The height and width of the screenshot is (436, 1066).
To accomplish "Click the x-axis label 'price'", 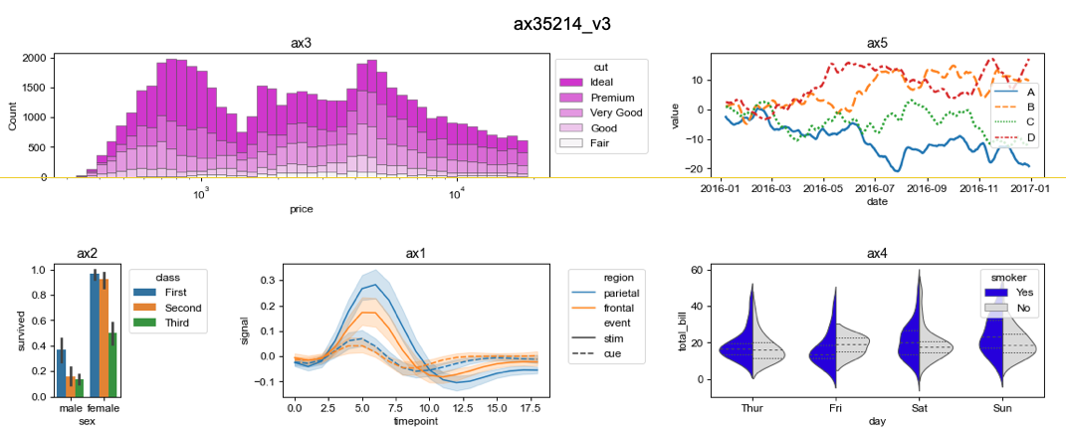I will [302, 209].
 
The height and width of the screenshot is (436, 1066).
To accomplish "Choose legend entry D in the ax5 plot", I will [1029, 136].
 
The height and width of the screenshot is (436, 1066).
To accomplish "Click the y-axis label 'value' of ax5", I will [675, 113].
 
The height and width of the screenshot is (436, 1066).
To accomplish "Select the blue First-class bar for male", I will [62, 372].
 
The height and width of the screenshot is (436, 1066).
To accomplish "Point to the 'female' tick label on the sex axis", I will [105, 408].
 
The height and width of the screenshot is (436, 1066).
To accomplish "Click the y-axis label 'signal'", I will [246, 330].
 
